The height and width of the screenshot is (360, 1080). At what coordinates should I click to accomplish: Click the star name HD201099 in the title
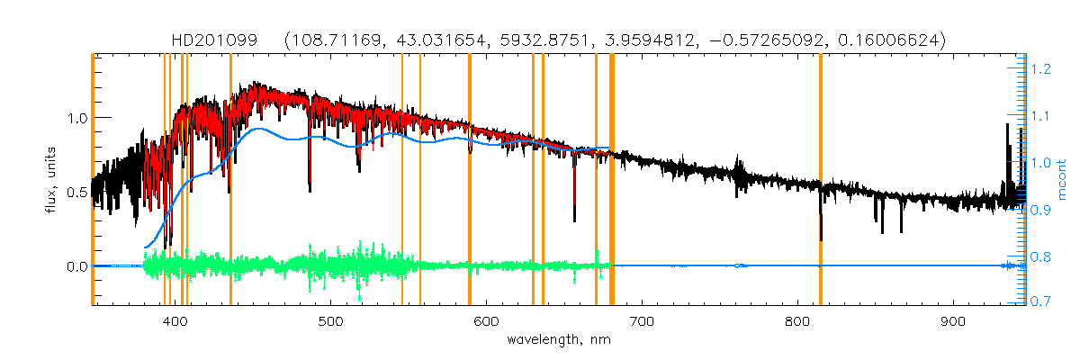[214, 40]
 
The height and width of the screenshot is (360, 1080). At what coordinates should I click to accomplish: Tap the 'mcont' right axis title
[1061, 181]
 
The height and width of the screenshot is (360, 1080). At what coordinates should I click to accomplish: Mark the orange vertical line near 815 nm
[821, 180]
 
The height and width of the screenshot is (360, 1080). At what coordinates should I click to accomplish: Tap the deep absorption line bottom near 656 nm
[574, 219]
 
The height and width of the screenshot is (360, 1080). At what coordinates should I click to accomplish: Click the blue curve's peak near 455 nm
[258, 129]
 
